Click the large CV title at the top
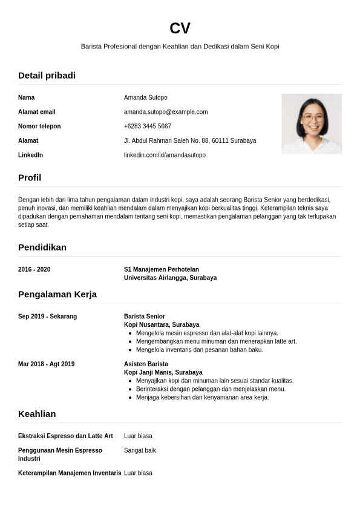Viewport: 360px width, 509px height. pyautogui.click(x=180, y=28)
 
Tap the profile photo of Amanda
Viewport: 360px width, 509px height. pyautogui.click(x=312, y=123)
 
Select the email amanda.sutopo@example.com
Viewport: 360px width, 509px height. pyautogui.click(x=166, y=112)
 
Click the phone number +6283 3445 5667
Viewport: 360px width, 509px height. pyautogui.click(x=148, y=126)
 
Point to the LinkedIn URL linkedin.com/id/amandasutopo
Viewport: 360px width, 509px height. pyautogui.click(x=165, y=155)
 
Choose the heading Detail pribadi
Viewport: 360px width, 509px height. pyautogui.click(x=47, y=76)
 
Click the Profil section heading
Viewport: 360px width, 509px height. pyautogui.click(x=30, y=178)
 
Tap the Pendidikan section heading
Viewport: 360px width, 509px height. pyautogui.click(x=42, y=248)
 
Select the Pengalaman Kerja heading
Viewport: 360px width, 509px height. pyautogui.click(x=57, y=295)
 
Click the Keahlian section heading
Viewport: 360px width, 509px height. pyautogui.click(x=37, y=414)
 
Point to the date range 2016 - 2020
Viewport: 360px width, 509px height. pyautogui.click(x=34, y=269)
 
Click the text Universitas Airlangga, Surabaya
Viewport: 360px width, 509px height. pyautogui.click(x=170, y=278)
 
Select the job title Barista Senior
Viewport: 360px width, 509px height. pyautogui.click(x=145, y=317)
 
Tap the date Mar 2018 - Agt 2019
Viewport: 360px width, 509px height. pyautogui.click(x=47, y=364)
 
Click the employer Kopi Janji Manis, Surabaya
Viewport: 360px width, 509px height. pyautogui.click(x=163, y=372)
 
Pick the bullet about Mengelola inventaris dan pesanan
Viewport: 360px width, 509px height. pyautogui.click(x=200, y=350)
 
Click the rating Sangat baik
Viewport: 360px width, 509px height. pyautogui.click(x=140, y=450)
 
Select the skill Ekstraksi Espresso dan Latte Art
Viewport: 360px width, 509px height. pyautogui.click(x=65, y=436)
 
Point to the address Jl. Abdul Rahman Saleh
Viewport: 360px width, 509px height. pyautogui.click(x=190, y=140)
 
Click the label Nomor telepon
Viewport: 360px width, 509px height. pyautogui.click(x=39, y=126)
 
